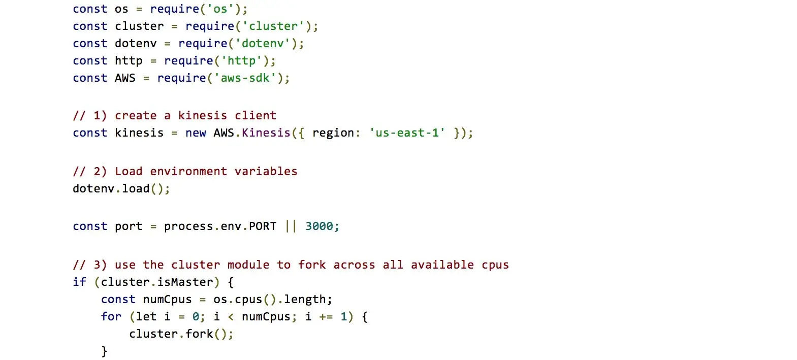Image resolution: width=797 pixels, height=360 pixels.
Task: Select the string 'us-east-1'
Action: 407,133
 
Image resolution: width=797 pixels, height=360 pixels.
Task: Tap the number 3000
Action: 319,226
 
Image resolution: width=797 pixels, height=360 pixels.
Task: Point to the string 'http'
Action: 241,61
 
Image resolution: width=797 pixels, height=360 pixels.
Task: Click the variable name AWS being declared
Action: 125,78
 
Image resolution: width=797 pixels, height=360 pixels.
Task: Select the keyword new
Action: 196,133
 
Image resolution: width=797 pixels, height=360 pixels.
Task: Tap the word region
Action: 333,133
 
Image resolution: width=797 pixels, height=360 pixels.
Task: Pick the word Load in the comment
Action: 129,172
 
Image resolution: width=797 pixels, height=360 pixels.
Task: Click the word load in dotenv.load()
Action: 136,189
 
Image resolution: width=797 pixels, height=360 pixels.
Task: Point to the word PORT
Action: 263,226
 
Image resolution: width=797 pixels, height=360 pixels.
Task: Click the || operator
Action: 291,226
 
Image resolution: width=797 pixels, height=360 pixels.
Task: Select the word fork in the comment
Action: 312,265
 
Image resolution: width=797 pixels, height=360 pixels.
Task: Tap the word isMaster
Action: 185,282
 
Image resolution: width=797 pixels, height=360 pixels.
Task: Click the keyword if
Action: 79,282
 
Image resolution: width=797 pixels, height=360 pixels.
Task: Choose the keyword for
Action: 111,317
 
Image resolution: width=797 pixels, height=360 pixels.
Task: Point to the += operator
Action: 326,317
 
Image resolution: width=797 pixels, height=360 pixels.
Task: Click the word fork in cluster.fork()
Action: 199,334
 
